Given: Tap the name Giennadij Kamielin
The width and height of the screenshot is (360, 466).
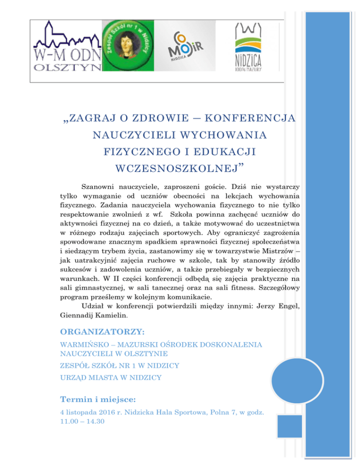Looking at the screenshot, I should point(89,315).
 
